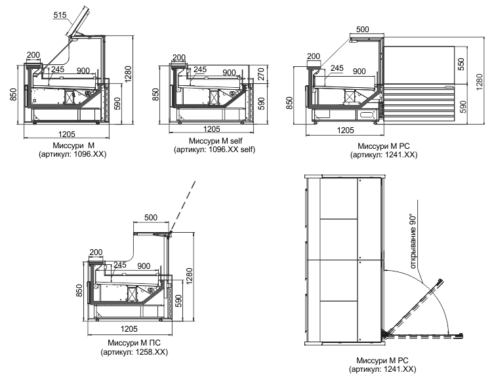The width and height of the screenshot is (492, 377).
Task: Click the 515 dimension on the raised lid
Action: (x=60, y=14)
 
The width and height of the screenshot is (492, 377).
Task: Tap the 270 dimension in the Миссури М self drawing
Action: (x=261, y=74)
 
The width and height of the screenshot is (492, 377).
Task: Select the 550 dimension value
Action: (x=461, y=64)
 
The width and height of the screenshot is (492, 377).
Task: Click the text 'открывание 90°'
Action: (x=413, y=241)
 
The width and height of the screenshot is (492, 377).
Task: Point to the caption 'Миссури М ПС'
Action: (x=134, y=343)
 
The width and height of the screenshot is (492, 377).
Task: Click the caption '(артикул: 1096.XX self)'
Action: (x=215, y=149)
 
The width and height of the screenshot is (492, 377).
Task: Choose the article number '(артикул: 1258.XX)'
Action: (x=134, y=352)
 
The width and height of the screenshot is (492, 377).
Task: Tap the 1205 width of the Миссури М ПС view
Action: (x=129, y=328)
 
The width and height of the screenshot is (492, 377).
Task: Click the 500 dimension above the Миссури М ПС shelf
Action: (x=151, y=218)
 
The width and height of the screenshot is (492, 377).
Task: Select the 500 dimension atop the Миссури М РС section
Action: (x=363, y=29)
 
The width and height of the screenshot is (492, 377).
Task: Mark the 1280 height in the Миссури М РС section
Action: (x=480, y=82)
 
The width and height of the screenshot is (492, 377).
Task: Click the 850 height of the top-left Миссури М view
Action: (x=13, y=94)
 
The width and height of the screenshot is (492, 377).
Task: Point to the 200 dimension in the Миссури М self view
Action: (x=179, y=58)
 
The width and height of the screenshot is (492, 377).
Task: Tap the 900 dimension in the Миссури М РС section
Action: (x=359, y=71)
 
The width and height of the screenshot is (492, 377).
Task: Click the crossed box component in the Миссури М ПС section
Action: (x=133, y=294)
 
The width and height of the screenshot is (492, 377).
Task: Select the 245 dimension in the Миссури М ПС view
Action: (x=120, y=265)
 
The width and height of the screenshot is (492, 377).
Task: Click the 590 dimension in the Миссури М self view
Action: (x=261, y=104)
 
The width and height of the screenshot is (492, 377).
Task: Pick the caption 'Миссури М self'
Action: (x=215, y=141)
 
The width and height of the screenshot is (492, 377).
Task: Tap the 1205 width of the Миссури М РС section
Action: (x=345, y=130)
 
